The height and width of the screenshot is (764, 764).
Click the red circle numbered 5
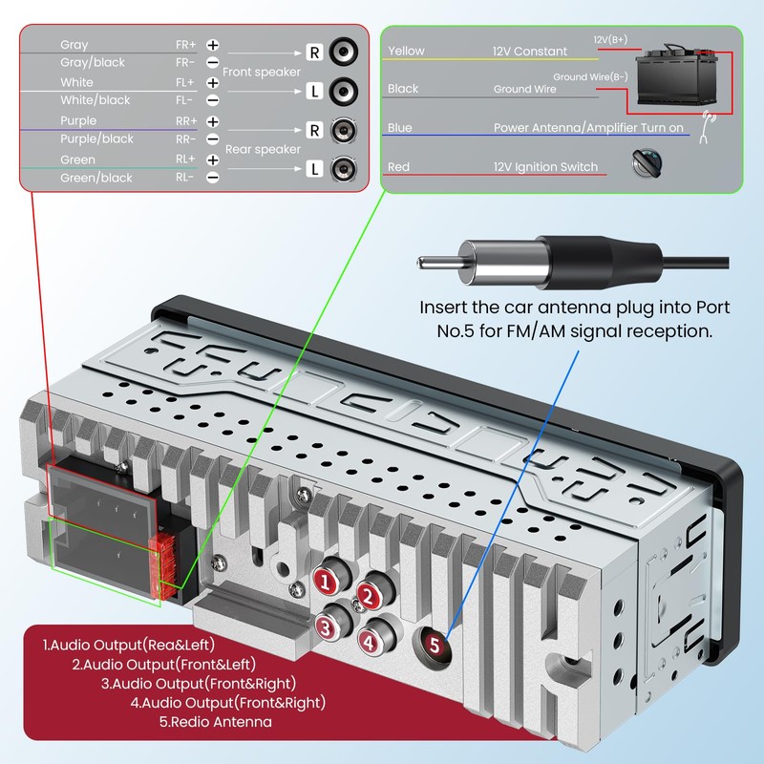[435, 646]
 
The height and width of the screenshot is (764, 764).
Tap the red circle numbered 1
[326, 581]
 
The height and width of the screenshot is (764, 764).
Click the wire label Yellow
[406, 51]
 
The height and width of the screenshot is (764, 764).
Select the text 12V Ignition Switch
[545, 167]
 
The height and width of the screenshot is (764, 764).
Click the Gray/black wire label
[93, 62]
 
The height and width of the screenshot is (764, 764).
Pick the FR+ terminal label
[185, 45]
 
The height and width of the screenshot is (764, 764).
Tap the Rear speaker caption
[263, 149]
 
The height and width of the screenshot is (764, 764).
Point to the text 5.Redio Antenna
[215, 722]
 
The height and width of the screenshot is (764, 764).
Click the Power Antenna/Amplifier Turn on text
[588, 128]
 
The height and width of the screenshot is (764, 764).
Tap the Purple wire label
[78, 120]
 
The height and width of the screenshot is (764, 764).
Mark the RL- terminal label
[185, 178]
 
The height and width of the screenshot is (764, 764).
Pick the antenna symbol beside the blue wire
[708, 127]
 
